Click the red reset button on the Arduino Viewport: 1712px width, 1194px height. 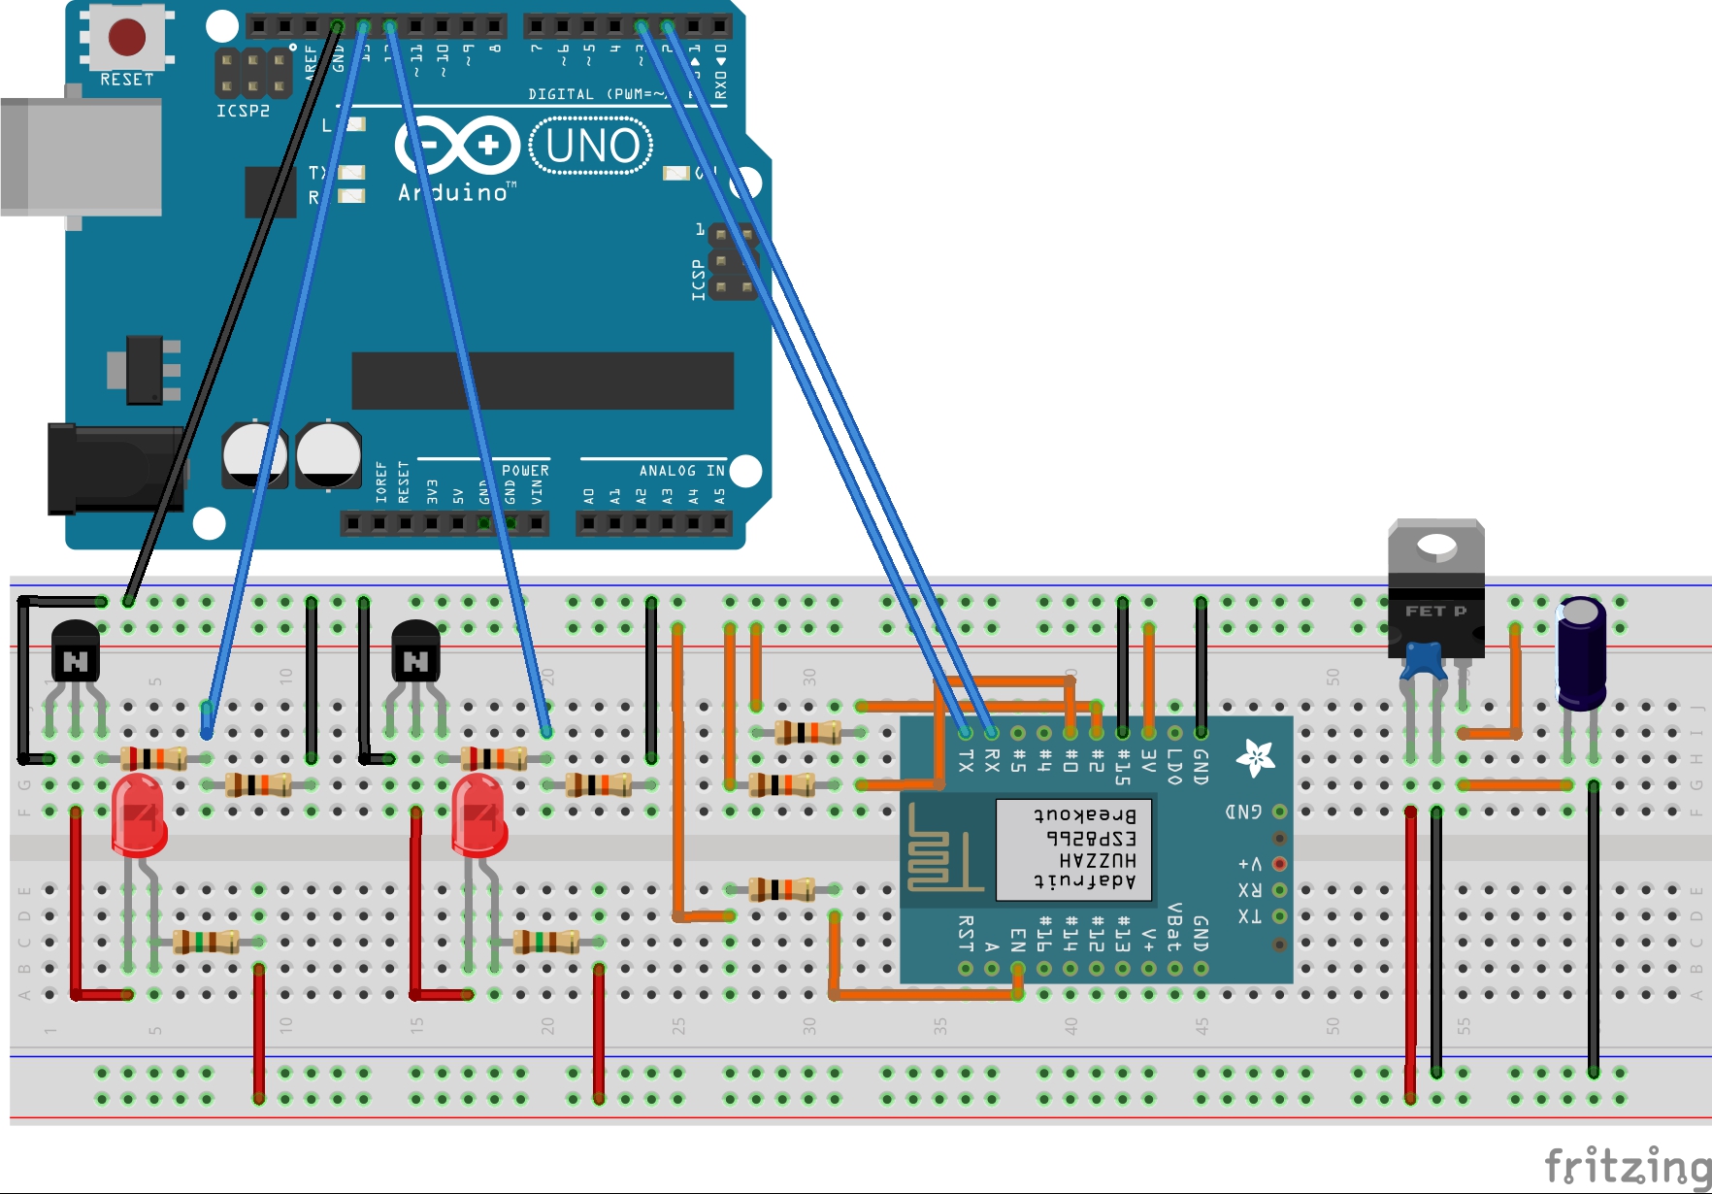[x=127, y=37]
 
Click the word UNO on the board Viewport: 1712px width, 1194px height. [x=592, y=147]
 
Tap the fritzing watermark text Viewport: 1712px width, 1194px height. [x=1627, y=1165]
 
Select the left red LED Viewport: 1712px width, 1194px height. [x=139, y=815]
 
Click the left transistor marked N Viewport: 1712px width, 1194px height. [x=75, y=653]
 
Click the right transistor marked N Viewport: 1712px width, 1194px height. [x=415, y=653]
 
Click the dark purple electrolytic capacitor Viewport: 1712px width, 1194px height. [x=1581, y=652]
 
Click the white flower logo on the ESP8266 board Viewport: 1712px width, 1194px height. [x=1255, y=757]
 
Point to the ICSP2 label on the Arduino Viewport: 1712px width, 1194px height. [x=243, y=111]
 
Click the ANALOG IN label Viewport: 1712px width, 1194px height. [x=681, y=471]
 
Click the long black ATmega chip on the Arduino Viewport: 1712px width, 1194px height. [x=543, y=381]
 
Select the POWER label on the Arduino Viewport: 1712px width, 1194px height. [x=525, y=471]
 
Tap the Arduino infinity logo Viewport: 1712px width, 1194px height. [x=457, y=147]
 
